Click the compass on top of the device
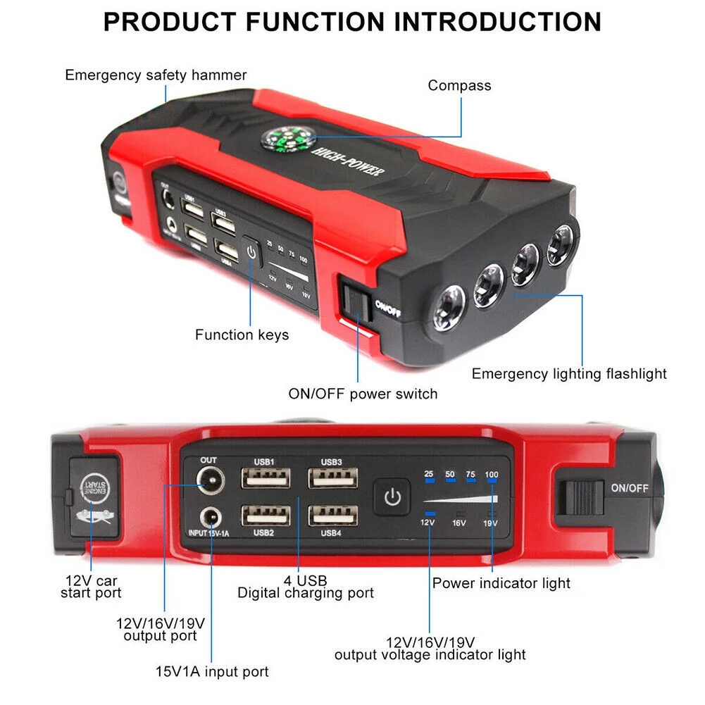285,138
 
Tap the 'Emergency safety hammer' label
156,75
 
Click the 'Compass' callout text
459,85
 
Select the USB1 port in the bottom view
266,478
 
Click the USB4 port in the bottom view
332,516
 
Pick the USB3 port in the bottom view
332,478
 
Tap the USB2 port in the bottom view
266,516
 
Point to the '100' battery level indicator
492,475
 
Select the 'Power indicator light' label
501,583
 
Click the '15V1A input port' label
212,672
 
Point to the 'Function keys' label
242,335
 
